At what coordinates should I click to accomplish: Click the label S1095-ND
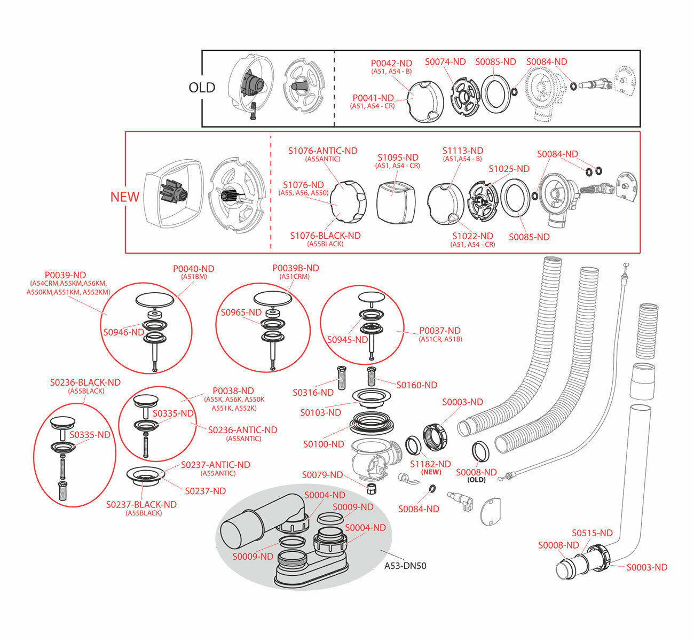tap(398, 158)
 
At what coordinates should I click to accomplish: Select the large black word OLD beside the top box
tap(202, 88)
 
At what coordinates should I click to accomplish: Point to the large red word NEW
tap(125, 197)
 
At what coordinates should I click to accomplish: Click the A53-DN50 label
tap(405, 566)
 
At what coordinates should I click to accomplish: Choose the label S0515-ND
tap(592, 533)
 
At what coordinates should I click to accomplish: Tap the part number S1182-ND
tap(430, 464)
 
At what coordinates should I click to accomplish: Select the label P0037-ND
tap(439, 331)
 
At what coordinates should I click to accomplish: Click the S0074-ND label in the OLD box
tap(445, 62)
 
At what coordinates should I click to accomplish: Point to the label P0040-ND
tap(194, 269)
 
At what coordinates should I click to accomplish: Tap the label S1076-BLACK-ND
tap(325, 236)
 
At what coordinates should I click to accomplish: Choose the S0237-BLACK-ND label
tap(141, 504)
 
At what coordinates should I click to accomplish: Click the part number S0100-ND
tap(324, 444)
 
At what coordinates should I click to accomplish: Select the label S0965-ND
tap(241, 312)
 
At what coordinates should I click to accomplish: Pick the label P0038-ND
tap(233, 391)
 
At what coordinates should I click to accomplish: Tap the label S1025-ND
tap(509, 169)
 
